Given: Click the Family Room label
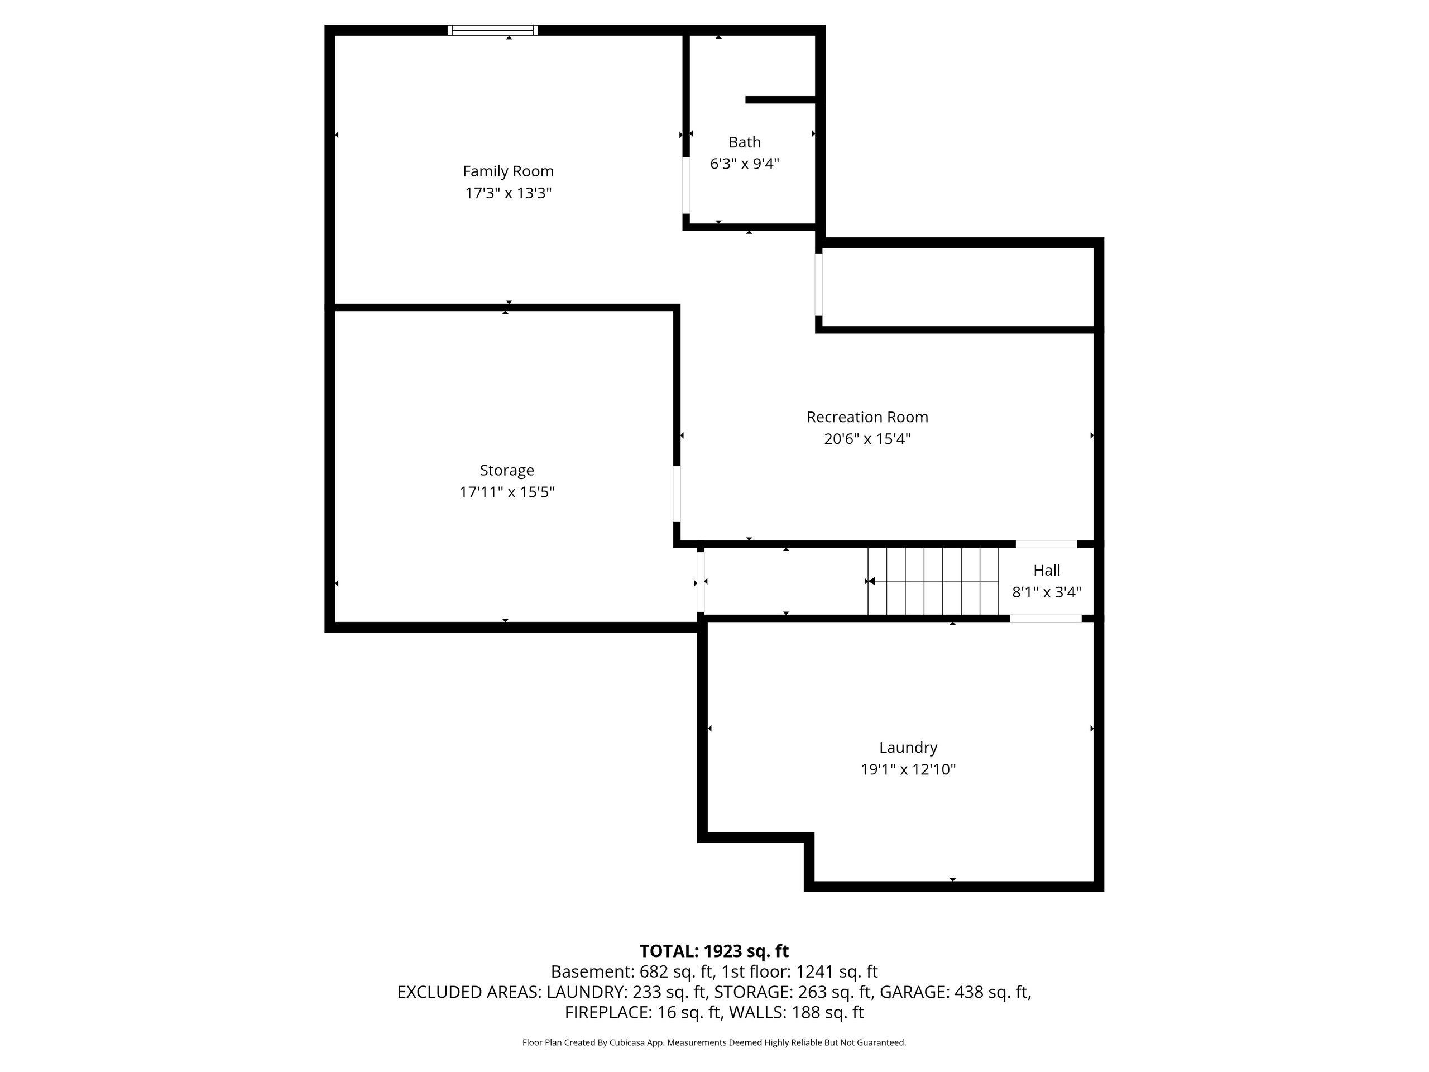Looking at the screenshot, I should click(508, 171).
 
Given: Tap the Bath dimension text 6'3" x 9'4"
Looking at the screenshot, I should click(744, 164).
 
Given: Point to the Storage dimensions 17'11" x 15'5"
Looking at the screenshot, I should click(506, 492).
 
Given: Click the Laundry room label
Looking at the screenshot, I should click(908, 748).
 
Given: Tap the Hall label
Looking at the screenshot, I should click(1046, 571).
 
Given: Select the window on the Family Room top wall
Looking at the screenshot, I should click(493, 30).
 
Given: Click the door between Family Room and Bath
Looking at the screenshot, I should click(686, 185).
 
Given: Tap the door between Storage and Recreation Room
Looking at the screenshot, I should click(677, 494).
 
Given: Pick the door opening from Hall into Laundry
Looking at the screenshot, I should click(1046, 619).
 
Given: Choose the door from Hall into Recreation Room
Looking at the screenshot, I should click(1046, 544).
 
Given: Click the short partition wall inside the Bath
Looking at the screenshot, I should click(780, 99).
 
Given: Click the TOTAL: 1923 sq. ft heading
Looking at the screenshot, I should click(714, 951).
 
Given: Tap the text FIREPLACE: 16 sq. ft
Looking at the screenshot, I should click(642, 1013).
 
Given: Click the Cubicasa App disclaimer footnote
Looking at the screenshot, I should click(714, 1042).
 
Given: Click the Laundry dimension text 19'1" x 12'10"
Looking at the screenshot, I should click(908, 769).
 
